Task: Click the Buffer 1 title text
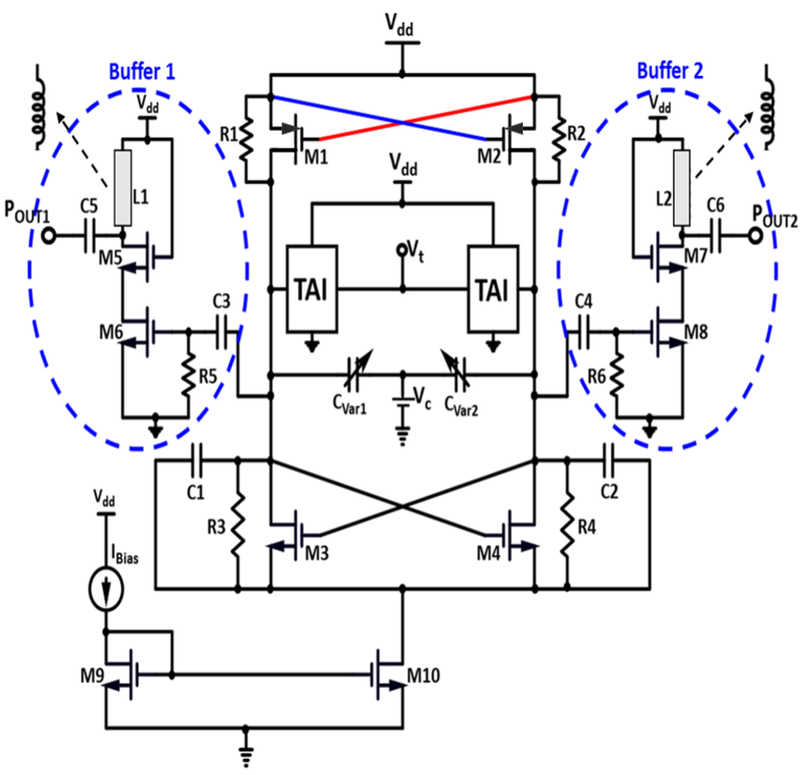tap(142, 72)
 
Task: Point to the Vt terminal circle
tap(401, 250)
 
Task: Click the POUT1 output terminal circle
tap(49, 236)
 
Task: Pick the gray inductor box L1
tap(123, 188)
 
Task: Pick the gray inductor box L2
tap(682, 188)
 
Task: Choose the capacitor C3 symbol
tap(222, 331)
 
